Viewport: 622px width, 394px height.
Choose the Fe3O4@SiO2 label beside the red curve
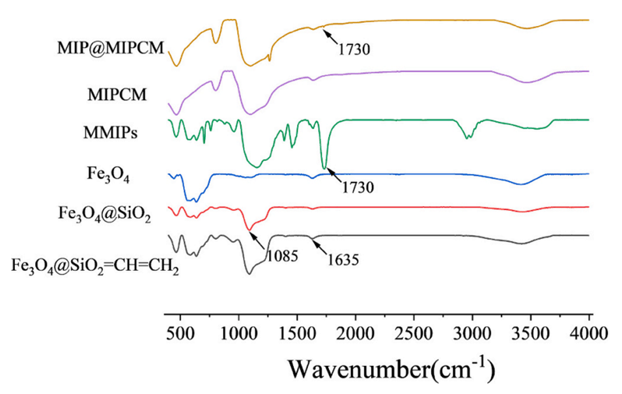click(105, 214)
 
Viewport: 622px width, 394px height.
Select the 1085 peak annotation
click(281, 255)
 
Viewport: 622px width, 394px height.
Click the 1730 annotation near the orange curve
click(355, 47)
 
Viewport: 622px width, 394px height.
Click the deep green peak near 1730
click(324, 167)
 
